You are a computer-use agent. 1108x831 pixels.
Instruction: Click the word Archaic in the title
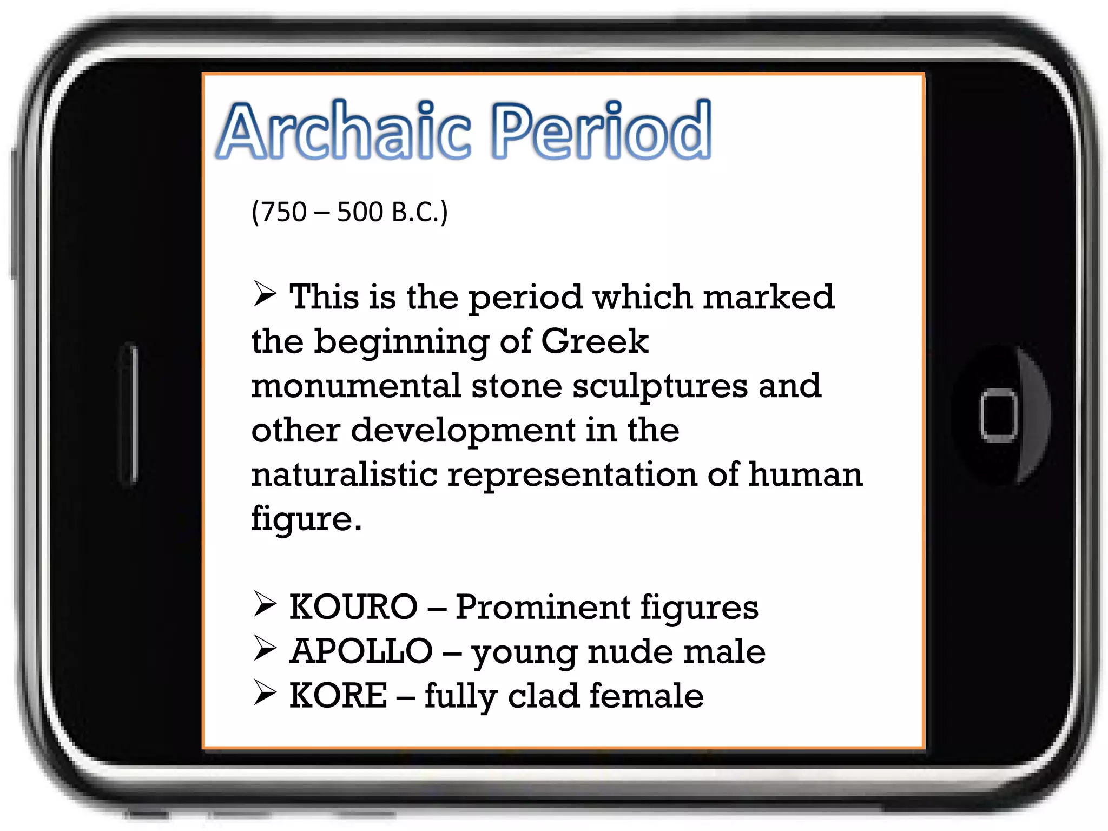(344, 131)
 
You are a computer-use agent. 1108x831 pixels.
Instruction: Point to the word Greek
(594, 341)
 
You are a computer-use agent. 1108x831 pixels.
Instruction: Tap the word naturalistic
(344, 474)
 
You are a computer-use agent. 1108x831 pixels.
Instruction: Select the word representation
(572, 475)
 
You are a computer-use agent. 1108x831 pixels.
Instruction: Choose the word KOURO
(353, 607)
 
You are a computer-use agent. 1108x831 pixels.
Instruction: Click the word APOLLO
(361, 651)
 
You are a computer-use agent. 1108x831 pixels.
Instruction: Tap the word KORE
(338, 696)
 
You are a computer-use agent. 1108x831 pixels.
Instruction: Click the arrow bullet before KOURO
(265, 604)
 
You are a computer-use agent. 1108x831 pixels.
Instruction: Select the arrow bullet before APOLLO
(265, 649)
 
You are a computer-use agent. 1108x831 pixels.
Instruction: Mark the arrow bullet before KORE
(265, 693)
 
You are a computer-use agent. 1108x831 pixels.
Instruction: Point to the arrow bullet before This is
(265, 294)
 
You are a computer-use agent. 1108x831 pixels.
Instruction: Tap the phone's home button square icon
(998, 415)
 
